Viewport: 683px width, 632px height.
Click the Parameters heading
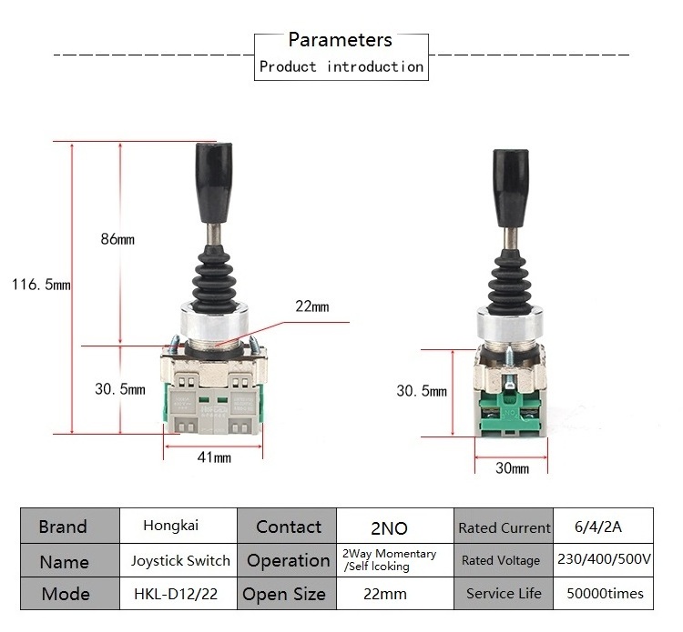(x=340, y=40)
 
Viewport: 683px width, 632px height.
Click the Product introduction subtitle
(x=341, y=66)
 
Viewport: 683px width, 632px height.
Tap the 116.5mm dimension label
(x=40, y=285)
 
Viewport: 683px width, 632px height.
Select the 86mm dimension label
(x=117, y=239)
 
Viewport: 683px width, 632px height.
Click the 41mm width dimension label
(x=214, y=456)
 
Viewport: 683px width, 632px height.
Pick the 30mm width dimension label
(x=512, y=468)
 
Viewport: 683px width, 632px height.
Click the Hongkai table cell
(x=171, y=526)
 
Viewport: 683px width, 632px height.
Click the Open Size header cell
(x=284, y=595)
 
